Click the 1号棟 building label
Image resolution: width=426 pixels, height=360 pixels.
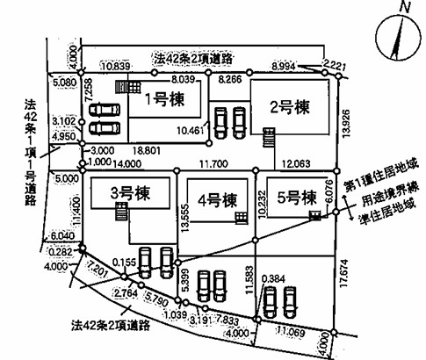tap(165, 99)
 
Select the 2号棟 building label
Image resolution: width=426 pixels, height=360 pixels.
tap(290, 107)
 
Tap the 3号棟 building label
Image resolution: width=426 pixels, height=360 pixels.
tap(130, 193)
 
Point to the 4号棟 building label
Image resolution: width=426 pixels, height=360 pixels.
tap(217, 200)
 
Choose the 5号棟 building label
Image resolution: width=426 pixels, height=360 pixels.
tap(297, 198)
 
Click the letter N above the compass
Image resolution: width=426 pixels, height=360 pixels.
tap(405, 7)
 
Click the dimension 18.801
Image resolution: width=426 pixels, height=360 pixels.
tap(147, 150)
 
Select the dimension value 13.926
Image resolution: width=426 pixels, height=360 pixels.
tap(346, 124)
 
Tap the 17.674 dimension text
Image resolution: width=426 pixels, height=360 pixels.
tap(345, 273)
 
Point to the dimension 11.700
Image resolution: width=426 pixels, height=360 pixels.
tap(213, 163)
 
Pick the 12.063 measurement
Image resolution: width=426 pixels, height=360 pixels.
tap(296, 163)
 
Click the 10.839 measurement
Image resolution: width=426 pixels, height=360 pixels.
tap(116, 66)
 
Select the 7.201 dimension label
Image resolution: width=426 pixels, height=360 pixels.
tap(97, 270)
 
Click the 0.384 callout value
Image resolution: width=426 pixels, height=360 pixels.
tap(273, 279)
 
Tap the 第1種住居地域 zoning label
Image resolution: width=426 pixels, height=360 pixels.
tap(380, 177)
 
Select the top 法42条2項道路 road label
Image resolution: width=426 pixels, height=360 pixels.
tap(193, 59)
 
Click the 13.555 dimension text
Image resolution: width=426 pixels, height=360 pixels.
tap(184, 219)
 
